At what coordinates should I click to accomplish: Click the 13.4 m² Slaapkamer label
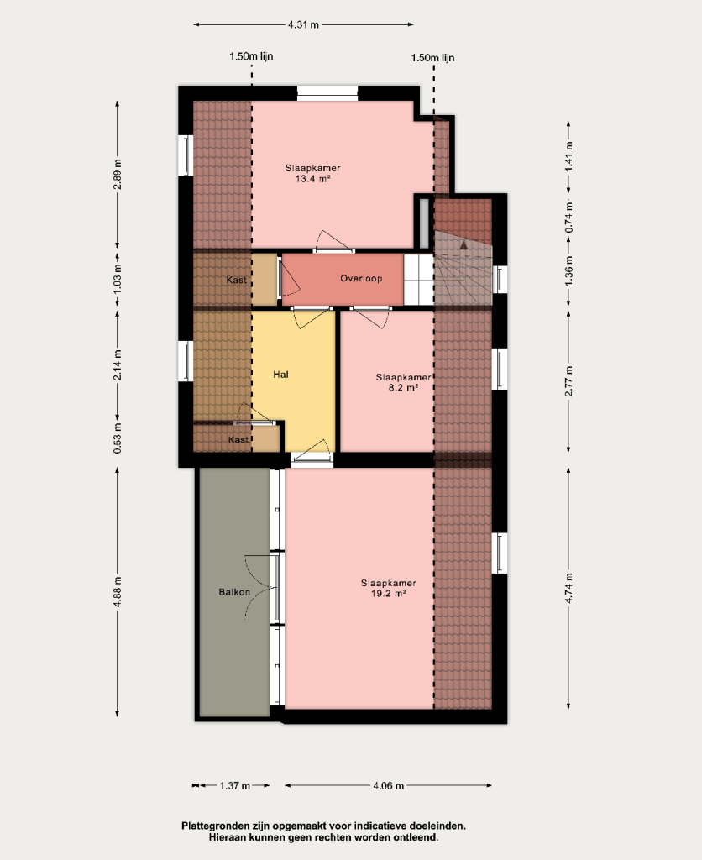(312, 173)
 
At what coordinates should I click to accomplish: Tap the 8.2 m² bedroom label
(403, 382)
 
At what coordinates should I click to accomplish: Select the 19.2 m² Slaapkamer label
(388, 588)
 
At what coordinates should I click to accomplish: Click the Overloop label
(361, 278)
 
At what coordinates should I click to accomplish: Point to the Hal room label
(280, 375)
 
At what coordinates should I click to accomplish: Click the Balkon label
(234, 592)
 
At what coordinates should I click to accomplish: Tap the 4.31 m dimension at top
(303, 24)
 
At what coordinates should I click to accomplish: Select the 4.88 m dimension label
(118, 592)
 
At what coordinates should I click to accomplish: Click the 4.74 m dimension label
(568, 589)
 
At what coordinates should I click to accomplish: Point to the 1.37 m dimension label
(235, 786)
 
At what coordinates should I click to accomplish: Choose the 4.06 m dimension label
(388, 786)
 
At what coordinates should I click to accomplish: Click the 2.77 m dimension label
(568, 381)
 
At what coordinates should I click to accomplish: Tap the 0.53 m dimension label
(118, 438)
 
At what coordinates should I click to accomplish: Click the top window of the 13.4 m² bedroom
(327, 92)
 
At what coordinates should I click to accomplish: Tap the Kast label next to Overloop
(236, 280)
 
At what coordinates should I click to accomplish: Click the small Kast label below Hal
(238, 439)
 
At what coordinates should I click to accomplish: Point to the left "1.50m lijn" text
(251, 56)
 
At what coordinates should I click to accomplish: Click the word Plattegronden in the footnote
(216, 826)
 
